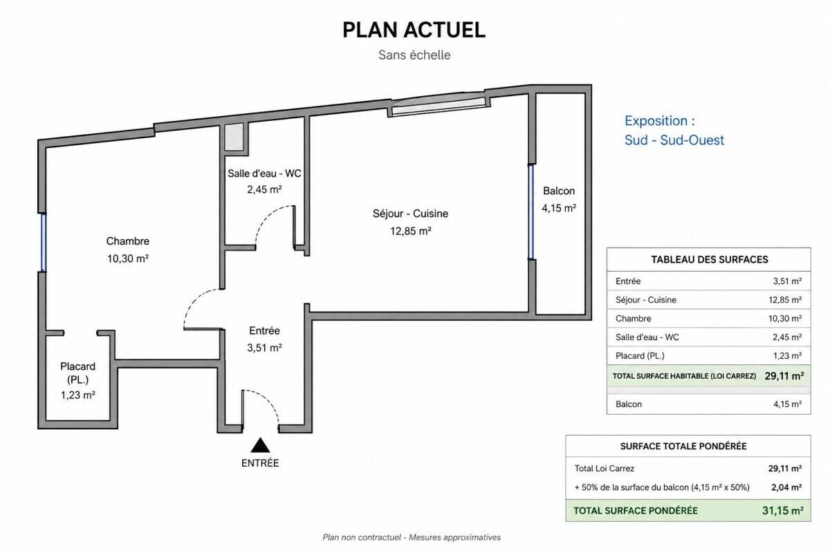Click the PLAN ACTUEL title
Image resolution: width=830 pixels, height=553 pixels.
[414, 30]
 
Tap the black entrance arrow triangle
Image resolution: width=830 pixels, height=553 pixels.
[260, 445]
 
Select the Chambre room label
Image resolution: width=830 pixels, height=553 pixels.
[128, 241]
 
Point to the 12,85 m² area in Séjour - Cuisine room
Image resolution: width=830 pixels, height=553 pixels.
[411, 231]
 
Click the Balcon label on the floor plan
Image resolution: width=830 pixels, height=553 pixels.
[559, 191]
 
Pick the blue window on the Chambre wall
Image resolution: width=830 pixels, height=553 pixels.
[44, 243]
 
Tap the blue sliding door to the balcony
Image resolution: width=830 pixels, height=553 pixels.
[531, 212]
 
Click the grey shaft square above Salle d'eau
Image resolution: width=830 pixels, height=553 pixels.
[234, 137]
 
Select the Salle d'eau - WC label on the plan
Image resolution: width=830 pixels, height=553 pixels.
[264, 174]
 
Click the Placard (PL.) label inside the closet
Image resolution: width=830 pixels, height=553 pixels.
[77, 373]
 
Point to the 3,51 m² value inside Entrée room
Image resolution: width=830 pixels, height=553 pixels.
[264, 348]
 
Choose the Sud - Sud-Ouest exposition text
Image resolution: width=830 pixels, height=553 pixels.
[674, 140]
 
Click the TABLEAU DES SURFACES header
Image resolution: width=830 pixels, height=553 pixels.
[710, 260]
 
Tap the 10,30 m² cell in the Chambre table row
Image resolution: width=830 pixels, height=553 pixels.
[785, 319]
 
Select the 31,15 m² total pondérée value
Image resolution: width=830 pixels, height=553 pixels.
[783, 511]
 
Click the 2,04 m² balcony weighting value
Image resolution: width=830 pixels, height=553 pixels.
[786, 487]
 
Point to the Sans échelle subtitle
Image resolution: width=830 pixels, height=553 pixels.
[414, 55]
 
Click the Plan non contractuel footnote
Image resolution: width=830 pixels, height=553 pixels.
[412, 537]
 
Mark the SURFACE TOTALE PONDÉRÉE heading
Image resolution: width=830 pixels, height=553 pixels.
[683, 447]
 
